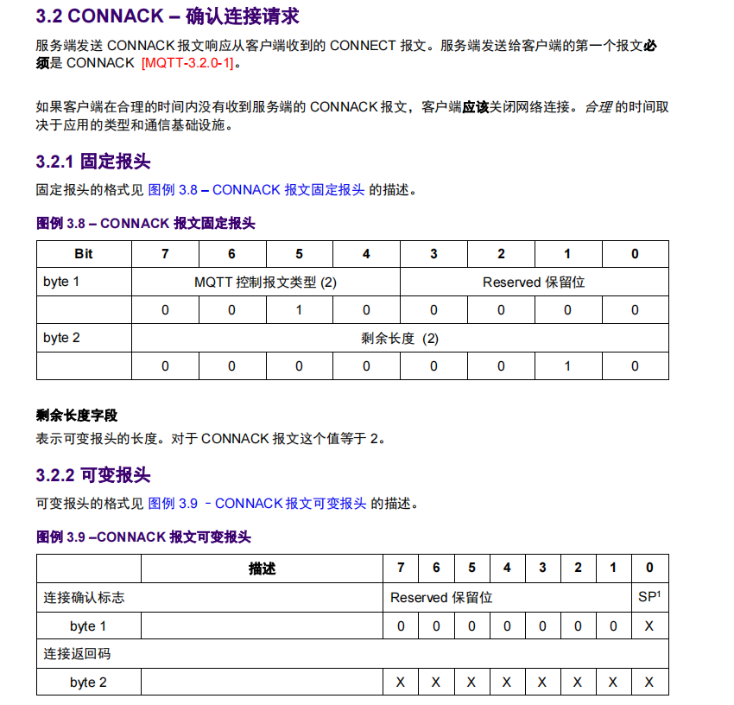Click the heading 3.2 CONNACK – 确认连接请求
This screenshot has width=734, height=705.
click(x=168, y=16)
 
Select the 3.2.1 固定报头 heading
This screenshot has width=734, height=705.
click(x=93, y=161)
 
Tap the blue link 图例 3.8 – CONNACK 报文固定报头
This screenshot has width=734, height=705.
click(x=256, y=190)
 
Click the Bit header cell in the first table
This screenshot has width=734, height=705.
click(x=84, y=254)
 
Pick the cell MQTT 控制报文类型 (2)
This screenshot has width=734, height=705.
click(x=265, y=283)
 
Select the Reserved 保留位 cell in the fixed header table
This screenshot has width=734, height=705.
click(x=534, y=283)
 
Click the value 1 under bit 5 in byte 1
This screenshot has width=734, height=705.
click(x=299, y=310)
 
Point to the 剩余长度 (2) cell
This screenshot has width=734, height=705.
click(x=400, y=338)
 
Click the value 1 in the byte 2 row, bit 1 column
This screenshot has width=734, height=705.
click(x=567, y=366)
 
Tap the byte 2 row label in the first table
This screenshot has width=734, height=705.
click(x=61, y=338)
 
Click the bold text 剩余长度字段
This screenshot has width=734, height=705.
click(x=77, y=416)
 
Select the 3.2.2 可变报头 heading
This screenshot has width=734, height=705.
click(x=93, y=475)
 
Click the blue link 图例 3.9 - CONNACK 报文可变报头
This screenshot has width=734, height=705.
click(x=257, y=504)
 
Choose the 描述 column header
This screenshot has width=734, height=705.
click(x=262, y=568)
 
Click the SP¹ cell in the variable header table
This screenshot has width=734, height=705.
click(x=649, y=597)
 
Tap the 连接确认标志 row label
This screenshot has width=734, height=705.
click(x=78, y=597)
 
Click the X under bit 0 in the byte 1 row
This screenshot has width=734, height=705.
click(x=649, y=626)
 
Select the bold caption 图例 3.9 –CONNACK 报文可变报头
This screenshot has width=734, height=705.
click(x=143, y=537)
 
